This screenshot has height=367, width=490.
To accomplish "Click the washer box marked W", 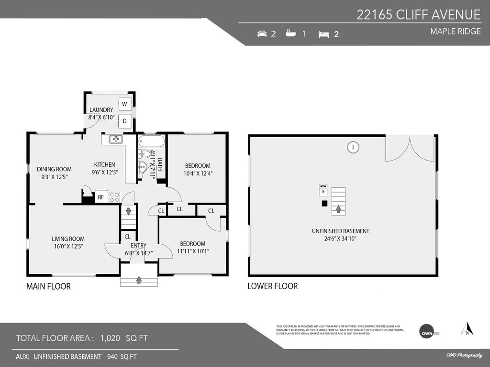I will click(x=124, y=104).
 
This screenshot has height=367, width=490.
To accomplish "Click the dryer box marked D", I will click(x=124, y=121).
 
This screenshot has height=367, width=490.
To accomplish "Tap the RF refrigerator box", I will click(x=101, y=196).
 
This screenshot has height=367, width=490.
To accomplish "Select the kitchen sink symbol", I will click(x=115, y=140).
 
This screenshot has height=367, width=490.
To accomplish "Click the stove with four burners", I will click(x=114, y=196).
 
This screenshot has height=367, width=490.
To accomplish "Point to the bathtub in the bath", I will click(x=152, y=141).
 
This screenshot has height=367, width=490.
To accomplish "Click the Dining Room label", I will click(x=54, y=169).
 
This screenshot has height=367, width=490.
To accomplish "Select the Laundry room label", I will click(x=101, y=110).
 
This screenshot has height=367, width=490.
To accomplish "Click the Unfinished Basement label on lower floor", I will click(x=340, y=231).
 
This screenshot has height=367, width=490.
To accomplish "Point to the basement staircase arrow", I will click(x=338, y=208).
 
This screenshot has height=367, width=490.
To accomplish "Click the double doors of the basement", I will click(x=410, y=148).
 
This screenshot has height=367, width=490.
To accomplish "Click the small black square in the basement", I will click(x=324, y=203).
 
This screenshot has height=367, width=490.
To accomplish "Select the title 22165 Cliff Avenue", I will click(x=418, y=15).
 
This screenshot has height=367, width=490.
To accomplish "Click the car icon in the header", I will click(x=262, y=34).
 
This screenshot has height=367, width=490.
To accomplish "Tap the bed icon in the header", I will click(x=324, y=34).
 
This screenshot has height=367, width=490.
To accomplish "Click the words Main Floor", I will click(x=48, y=286).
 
